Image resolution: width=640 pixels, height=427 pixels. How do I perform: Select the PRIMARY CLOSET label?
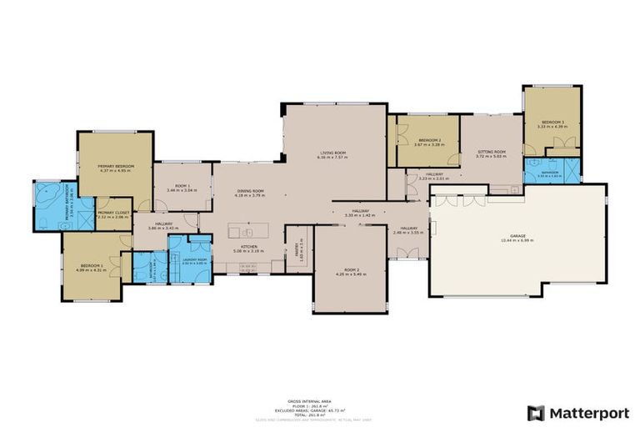pyautogui.click(x=115, y=213)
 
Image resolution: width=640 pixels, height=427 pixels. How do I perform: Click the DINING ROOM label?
pyautogui.click(x=250, y=191)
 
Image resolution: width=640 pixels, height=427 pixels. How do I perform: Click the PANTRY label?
pyautogui.click(x=296, y=247)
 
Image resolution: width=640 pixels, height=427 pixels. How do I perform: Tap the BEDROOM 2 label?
pyautogui.click(x=429, y=140)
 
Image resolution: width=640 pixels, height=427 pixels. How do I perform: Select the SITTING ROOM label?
pyautogui.click(x=490, y=152)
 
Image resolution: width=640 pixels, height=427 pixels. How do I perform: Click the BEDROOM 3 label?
pyautogui.click(x=551, y=123)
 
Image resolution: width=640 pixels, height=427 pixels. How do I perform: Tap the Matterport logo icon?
pyautogui.click(x=536, y=412)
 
